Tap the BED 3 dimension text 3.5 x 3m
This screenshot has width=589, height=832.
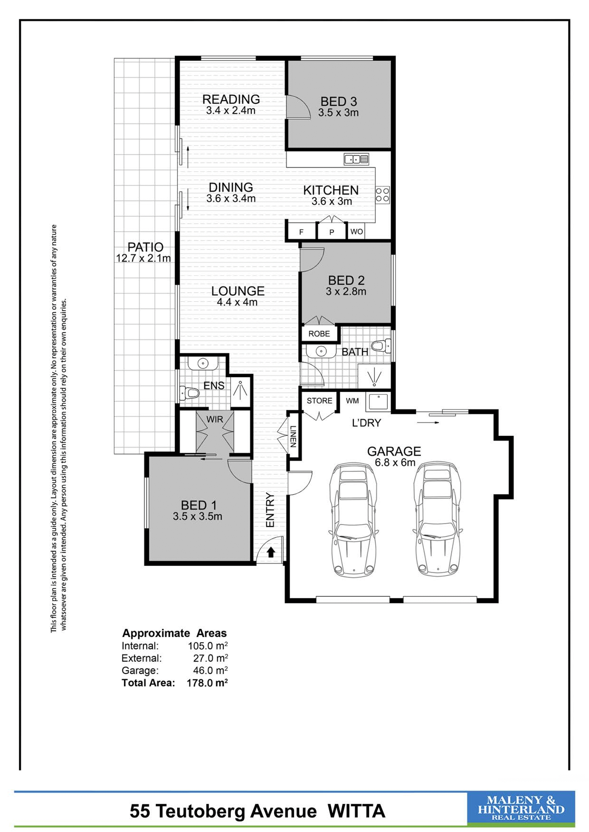pyautogui.click(x=338, y=113)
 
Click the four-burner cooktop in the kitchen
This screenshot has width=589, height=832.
pyautogui.click(x=382, y=194)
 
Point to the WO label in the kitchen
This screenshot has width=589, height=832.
pyautogui.click(x=356, y=232)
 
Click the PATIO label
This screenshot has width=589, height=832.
pyautogui.click(x=145, y=247)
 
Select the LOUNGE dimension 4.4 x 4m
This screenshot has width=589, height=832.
pyautogui.click(x=237, y=302)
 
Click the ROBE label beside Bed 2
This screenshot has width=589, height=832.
pyautogui.click(x=319, y=334)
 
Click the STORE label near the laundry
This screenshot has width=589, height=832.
pyautogui.click(x=319, y=401)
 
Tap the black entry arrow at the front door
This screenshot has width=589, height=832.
pyautogui.click(x=271, y=552)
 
